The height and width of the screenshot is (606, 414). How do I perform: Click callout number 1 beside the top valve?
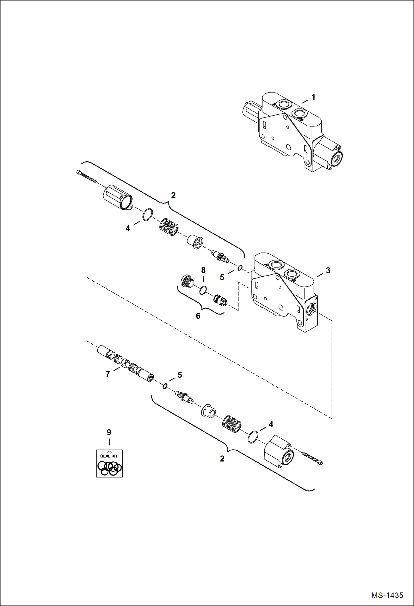(313, 97)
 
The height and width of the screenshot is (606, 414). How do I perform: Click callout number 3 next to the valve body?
(328, 271)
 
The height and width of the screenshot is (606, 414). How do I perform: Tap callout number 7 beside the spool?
(108, 374)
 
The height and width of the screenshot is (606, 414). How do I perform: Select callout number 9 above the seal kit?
(109, 432)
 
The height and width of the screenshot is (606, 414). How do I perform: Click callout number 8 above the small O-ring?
(203, 270)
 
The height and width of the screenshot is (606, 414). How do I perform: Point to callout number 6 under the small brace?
(198, 316)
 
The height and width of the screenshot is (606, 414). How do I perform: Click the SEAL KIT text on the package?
(109, 456)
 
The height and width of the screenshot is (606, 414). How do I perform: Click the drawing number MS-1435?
(387, 595)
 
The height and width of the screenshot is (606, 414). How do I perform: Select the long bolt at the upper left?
(86, 177)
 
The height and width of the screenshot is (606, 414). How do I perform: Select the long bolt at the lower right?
(312, 458)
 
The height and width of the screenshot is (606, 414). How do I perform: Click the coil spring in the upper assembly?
(169, 227)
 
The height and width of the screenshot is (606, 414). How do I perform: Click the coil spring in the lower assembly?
(232, 424)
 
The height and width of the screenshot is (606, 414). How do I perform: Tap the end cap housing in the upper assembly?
(118, 197)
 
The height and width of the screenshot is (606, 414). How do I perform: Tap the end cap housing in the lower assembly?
(279, 451)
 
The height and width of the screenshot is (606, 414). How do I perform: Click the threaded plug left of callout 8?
(187, 282)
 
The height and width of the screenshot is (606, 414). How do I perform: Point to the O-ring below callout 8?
(203, 290)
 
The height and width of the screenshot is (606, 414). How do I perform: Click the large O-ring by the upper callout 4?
(148, 214)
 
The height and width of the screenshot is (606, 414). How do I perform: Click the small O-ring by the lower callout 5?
(165, 386)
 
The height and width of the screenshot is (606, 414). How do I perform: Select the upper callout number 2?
(173, 195)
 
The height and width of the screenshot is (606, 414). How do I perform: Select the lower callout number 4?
(271, 424)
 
